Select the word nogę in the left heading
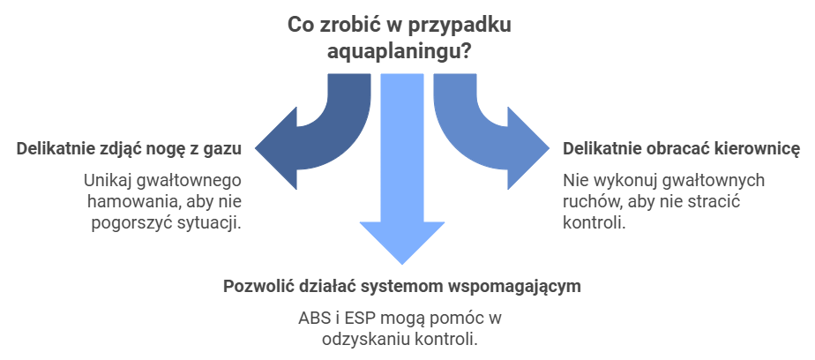(167, 148)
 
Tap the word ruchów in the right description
(587, 201)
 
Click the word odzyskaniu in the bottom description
(363, 339)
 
